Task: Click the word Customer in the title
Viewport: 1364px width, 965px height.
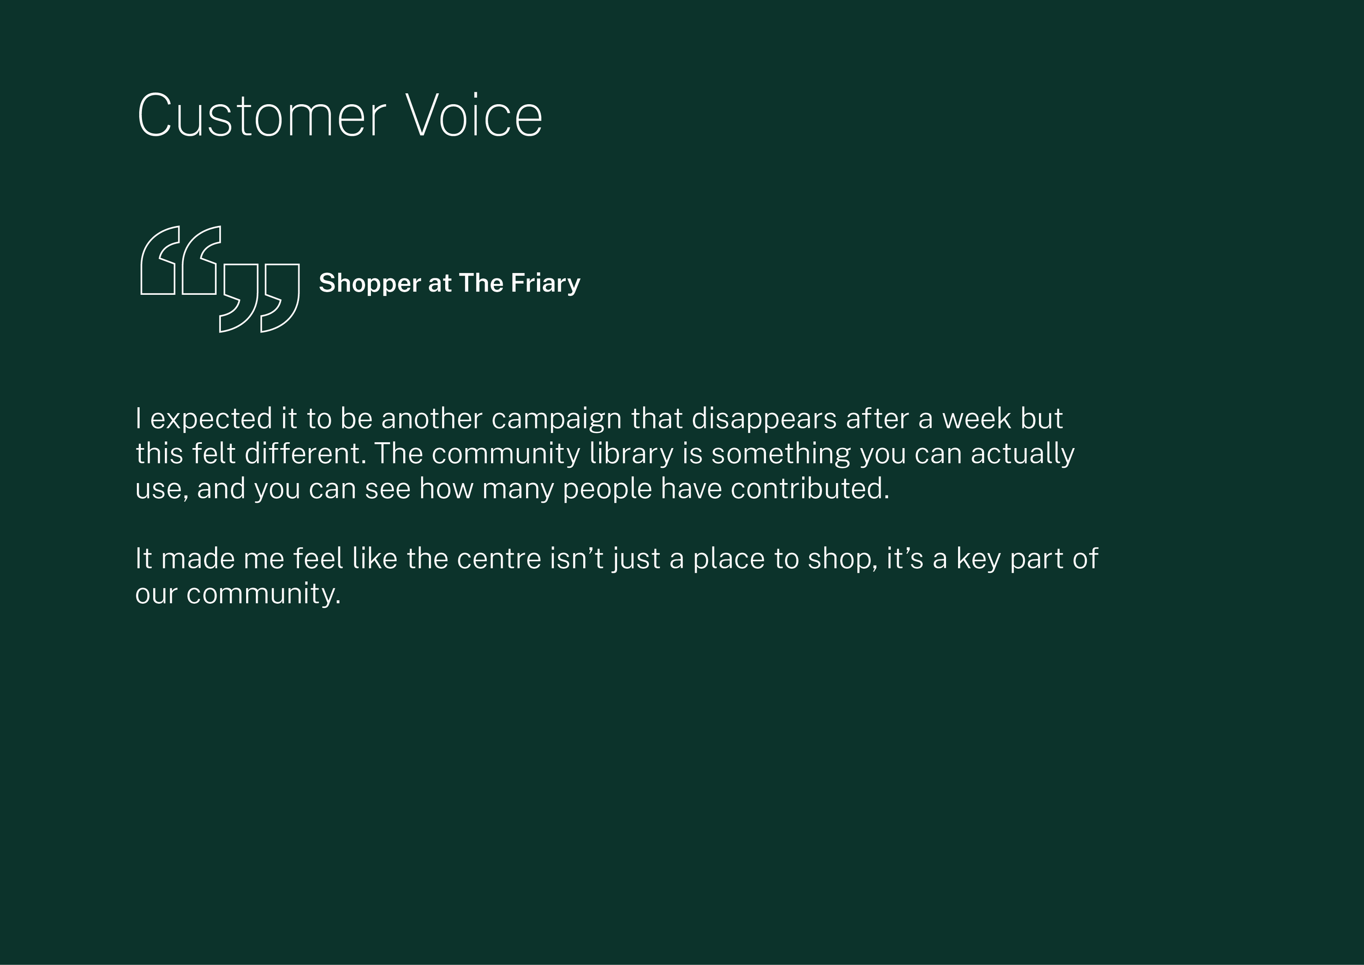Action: point(261,116)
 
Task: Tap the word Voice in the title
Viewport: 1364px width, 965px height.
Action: point(474,116)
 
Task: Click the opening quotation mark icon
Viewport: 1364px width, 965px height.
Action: point(180,260)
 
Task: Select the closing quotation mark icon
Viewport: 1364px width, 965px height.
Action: point(260,297)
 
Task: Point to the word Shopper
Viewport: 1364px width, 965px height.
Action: point(369,283)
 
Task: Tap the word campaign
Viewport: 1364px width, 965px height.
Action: point(556,419)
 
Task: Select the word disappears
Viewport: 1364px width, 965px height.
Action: point(764,419)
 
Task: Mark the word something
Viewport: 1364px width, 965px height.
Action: point(781,454)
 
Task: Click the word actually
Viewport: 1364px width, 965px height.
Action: point(1022,454)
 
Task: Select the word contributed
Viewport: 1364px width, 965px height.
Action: point(810,489)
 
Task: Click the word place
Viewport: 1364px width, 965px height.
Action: point(729,558)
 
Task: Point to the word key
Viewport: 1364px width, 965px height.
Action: point(978,559)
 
